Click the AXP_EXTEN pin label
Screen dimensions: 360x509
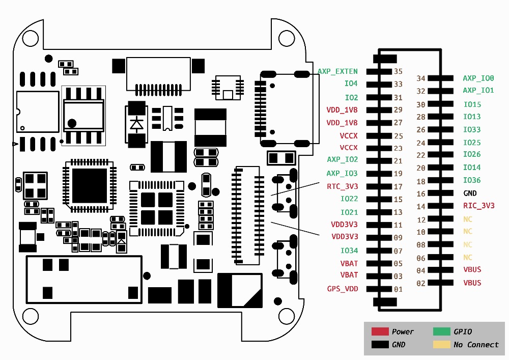(x=337, y=72)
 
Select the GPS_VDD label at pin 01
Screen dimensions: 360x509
(x=342, y=289)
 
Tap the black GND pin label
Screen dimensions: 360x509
(x=470, y=193)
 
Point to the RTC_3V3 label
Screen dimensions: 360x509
(x=342, y=186)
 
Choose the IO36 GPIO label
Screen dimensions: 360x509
(x=472, y=180)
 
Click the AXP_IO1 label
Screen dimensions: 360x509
(x=478, y=91)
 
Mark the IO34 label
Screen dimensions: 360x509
(x=349, y=251)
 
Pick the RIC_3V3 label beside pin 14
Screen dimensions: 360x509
(x=478, y=206)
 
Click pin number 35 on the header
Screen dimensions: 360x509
(x=398, y=72)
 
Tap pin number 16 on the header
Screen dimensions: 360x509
(x=420, y=194)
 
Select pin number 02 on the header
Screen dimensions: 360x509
(x=420, y=284)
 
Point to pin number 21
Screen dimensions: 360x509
(x=398, y=161)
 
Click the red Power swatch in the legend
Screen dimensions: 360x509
(x=380, y=331)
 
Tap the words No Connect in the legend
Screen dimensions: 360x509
(x=476, y=345)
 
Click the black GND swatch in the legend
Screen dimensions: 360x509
(x=380, y=345)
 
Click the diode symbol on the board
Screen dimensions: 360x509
(x=136, y=124)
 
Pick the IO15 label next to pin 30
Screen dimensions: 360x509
(x=472, y=104)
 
